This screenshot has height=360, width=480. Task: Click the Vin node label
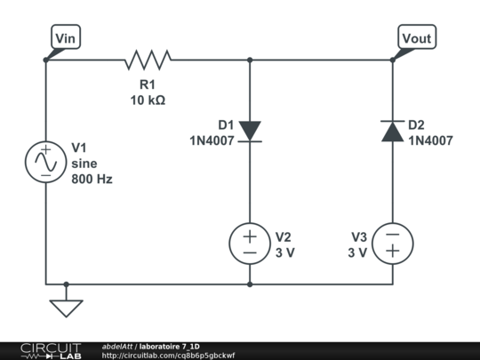[66, 38]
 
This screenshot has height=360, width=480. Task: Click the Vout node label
[417, 38]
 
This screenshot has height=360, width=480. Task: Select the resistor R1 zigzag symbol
[148, 60]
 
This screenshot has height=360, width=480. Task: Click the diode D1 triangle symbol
[250, 132]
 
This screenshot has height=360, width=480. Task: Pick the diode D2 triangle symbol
[392, 132]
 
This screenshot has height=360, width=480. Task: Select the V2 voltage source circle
[250, 244]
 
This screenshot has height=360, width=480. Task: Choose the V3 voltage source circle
[392, 244]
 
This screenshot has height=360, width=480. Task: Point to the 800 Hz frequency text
[92, 179]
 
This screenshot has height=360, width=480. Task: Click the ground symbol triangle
[66, 308]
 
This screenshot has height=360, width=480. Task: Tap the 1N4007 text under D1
[211, 140]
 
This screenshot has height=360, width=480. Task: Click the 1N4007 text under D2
[431, 140]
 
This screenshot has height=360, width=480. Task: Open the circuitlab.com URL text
[169, 356]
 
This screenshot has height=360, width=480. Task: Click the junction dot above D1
[250, 60]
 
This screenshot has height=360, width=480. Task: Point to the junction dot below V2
[250, 284]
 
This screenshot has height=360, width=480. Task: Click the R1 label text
[148, 84]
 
